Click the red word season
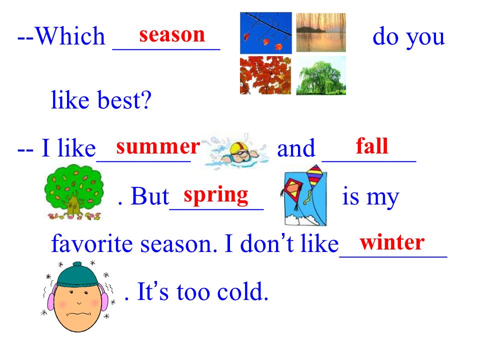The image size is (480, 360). coord(172,35)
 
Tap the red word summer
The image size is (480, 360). coord(158,146)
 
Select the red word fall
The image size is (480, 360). coord(372,145)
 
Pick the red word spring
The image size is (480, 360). coord(216,196)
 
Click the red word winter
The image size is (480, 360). coord(392,242)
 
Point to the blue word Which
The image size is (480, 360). coord(70,36)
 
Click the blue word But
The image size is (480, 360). coord(150,196)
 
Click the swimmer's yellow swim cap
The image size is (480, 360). coord(237,148)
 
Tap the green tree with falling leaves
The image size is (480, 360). coord(74,192)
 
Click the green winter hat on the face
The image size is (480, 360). coord(77,274)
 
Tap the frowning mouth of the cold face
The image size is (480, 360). coord(78,314)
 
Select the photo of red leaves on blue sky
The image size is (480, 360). coord(265,33)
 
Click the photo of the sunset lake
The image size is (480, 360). coord(321,32)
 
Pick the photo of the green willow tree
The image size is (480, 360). coord(321,75)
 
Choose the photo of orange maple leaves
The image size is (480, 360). coord(265,75)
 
